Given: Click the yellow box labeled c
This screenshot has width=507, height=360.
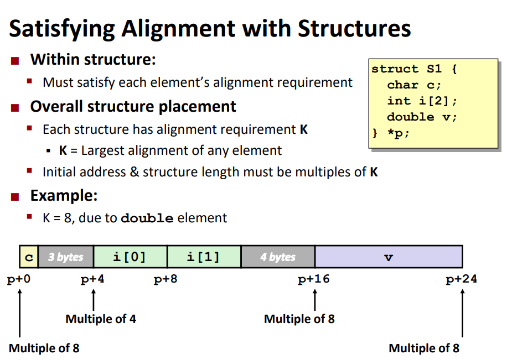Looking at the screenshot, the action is (29, 257).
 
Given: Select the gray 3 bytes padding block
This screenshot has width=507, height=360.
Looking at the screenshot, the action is (66, 257).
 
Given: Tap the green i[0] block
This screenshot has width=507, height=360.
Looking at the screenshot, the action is (130, 257).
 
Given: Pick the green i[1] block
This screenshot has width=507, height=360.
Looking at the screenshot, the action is (204, 257).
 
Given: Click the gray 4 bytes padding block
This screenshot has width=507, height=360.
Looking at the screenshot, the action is (278, 257).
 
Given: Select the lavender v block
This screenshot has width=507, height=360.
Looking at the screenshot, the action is (389, 257).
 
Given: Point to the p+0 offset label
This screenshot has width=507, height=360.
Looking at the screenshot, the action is (19, 279).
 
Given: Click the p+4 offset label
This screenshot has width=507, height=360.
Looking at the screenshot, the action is (92, 279).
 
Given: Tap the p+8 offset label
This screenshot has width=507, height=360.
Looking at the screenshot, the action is (165, 279).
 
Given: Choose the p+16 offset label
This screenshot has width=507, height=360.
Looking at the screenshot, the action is (314, 279).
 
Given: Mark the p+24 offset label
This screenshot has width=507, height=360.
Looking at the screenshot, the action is (462, 279).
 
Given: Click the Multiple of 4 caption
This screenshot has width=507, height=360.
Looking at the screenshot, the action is (101, 319).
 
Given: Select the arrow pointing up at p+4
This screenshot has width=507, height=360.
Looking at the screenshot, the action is (94, 300).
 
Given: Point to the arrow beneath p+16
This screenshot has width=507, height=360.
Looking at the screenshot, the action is (315, 300).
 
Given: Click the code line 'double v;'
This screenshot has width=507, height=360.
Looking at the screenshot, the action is (422, 117).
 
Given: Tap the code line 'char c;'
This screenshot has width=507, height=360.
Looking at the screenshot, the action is (414, 85).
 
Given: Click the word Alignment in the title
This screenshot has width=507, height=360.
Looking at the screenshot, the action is (179, 29).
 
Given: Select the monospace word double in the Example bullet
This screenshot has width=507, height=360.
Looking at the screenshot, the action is (147, 218).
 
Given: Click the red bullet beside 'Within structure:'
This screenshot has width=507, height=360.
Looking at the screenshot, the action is (15, 60).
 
